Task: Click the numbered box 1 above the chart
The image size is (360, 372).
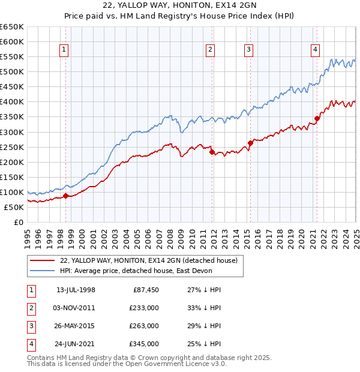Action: tap(64, 50)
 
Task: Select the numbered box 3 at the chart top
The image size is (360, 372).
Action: tap(248, 50)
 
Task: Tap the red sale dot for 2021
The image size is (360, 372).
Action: tap(317, 118)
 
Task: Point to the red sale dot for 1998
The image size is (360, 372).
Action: tap(65, 196)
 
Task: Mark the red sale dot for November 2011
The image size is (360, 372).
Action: tap(212, 152)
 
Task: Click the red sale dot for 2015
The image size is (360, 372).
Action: tap(250, 143)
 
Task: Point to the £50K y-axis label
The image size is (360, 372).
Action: tap(14, 207)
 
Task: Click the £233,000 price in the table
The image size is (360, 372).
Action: tap(144, 308)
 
